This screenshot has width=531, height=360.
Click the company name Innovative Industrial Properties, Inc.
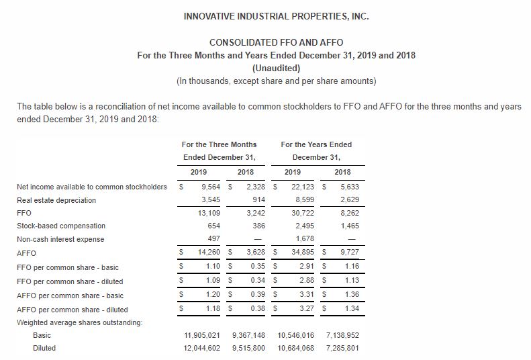point(276,16)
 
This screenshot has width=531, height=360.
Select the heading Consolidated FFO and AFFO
point(276,42)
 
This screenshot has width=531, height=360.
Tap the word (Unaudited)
point(276,68)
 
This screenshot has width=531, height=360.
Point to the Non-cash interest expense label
point(60,240)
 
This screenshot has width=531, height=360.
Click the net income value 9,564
point(212,187)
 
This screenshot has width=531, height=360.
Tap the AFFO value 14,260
point(211,253)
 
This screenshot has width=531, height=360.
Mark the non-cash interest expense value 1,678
point(305,240)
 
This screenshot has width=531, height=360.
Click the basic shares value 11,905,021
point(203,335)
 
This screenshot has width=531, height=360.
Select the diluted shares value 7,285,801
point(342,348)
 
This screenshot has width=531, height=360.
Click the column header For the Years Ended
point(316,144)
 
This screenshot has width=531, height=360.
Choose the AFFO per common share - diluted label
point(72,310)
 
